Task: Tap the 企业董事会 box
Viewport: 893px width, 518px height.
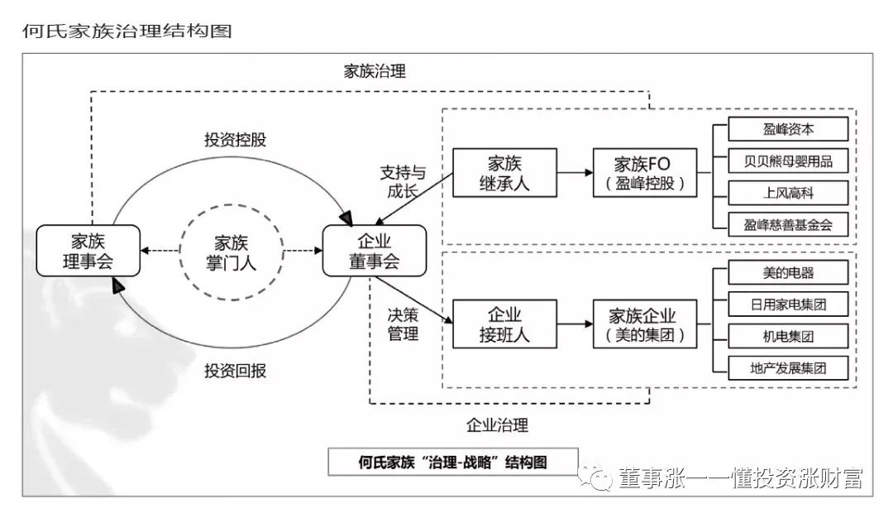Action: click(374, 252)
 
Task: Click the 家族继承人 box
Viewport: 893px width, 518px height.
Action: click(504, 173)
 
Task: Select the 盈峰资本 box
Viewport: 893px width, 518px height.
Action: click(788, 129)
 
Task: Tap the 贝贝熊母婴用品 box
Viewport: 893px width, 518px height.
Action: click(788, 161)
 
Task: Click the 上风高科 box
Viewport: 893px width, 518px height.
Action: click(788, 192)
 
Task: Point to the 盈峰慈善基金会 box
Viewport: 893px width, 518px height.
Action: click(788, 223)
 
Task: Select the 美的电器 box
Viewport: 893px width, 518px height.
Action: click(788, 272)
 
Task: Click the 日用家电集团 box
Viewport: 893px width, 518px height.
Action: click(788, 304)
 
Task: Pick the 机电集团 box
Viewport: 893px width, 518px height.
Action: click(788, 335)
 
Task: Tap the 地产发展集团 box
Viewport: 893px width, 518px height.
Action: click(788, 367)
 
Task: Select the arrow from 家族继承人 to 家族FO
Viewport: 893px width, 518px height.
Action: click(575, 173)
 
